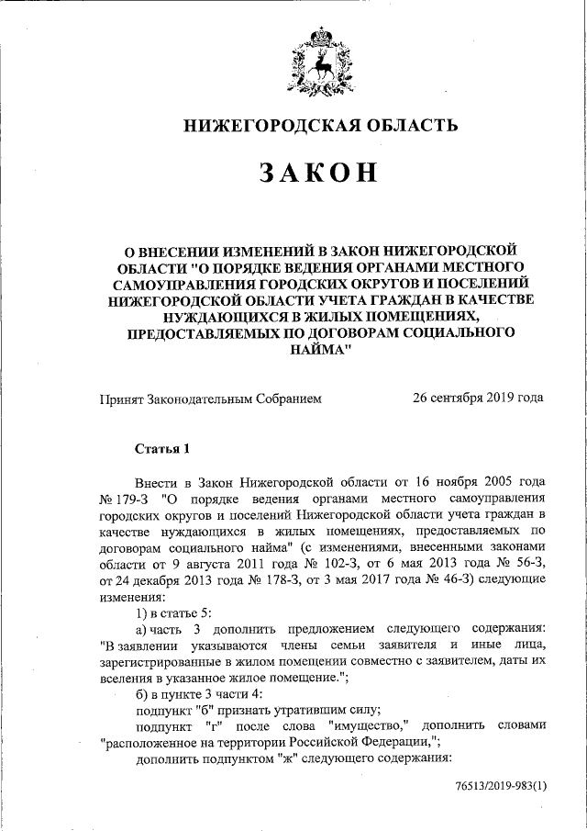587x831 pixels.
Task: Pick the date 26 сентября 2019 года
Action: pyautogui.click(x=478, y=399)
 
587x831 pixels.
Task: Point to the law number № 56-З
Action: pyautogui.click(x=520, y=565)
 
